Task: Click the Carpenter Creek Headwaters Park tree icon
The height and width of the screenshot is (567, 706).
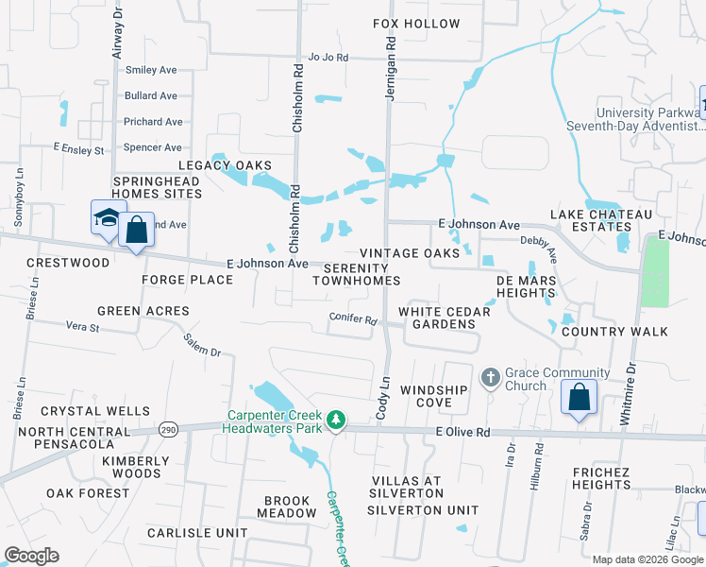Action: pyautogui.click(x=334, y=420)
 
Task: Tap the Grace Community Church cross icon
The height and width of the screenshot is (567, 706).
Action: pyautogui.click(x=490, y=378)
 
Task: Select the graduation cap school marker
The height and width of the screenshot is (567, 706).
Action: pyautogui.click(x=108, y=217)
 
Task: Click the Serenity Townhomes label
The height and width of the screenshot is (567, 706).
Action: pyautogui.click(x=356, y=274)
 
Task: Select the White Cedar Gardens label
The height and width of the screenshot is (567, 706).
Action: pyautogui.click(x=437, y=318)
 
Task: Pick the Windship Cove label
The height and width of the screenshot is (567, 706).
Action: pyautogui.click(x=433, y=397)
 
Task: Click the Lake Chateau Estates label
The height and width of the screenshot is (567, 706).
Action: pyautogui.click(x=600, y=220)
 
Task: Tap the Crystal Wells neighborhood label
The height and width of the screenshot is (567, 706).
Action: pyautogui.click(x=95, y=412)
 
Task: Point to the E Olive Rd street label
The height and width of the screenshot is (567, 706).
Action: pyautogui.click(x=463, y=432)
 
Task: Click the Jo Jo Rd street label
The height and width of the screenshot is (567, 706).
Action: pyautogui.click(x=328, y=58)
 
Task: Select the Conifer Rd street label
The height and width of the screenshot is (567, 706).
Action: pyautogui.click(x=353, y=318)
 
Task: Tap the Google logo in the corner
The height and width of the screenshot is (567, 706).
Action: pyautogui.click(x=31, y=556)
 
